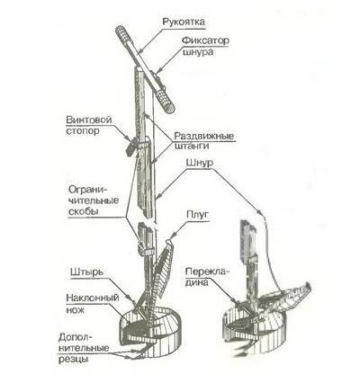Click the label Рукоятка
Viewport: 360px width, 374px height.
coord(184,22)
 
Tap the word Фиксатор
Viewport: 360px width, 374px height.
coord(206,40)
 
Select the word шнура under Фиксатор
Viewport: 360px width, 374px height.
coord(198,51)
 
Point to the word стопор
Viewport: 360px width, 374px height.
coord(83,131)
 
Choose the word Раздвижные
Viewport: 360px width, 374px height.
coord(204,136)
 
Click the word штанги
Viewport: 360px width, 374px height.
coord(192,147)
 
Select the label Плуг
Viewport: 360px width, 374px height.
coord(197,215)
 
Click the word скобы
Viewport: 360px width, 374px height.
coord(84,211)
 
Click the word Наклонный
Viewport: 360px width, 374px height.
coord(93,298)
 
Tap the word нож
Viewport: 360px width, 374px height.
coord(76,309)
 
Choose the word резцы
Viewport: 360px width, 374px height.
coord(74,359)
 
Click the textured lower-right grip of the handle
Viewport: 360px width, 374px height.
coord(165,101)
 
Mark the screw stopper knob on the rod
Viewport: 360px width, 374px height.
coord(130,147)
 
